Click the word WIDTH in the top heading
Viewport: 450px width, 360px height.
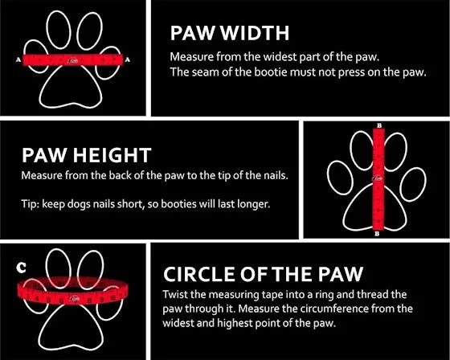(x=255, y=33)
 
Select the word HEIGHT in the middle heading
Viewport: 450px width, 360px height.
(x=112, y=155)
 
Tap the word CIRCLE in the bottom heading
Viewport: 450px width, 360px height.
(x=199, y=274)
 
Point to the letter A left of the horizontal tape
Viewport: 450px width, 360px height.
(x=18, y=59)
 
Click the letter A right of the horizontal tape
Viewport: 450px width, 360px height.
(x=128, y=59)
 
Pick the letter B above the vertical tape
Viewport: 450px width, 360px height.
(x=379, y=125)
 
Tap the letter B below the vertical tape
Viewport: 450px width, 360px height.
(x=377, y=234)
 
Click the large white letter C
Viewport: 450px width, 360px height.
(x=21, y=268)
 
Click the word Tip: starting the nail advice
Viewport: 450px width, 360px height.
(x=31, y=204)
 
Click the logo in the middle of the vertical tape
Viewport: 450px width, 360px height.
(x=378, y=178)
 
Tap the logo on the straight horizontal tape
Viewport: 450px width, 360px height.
(x=72, y=60)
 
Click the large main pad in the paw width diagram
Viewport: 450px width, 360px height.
(x=71, y=86)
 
